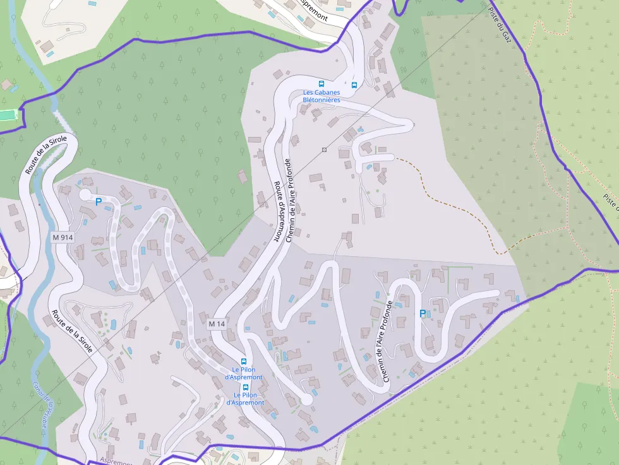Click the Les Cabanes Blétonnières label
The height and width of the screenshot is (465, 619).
click(x=321, y=96)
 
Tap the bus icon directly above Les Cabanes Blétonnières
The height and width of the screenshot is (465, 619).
click(x=321, y=84)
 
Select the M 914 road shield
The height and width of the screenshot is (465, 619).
click(x=63, y=237)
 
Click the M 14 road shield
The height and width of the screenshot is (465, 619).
click(x=217, y=324)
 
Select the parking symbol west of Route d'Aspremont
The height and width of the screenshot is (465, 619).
click(x=98, y=202)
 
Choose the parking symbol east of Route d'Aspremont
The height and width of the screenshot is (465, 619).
click(x=423, y=314)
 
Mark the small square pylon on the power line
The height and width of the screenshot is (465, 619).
click(x=324, y=150)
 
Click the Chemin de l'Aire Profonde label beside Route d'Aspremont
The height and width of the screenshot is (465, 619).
click(x=289, y=200)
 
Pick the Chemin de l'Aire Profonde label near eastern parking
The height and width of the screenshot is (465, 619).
click(x=387, y=341)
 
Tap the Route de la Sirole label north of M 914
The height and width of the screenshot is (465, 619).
click(x=45, y=155)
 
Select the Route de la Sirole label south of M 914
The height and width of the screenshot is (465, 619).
click(x=72, y=331)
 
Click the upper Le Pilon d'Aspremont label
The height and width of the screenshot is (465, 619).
click(x=243, y=373)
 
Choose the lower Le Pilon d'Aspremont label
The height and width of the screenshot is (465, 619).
click(x=245, y=398)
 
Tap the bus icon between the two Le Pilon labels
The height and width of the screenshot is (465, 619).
click(x=245, y=387)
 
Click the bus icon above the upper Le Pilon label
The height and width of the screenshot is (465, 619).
click(x=243, y=362)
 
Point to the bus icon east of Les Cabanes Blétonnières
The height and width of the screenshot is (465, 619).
click(x=354, y=85)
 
